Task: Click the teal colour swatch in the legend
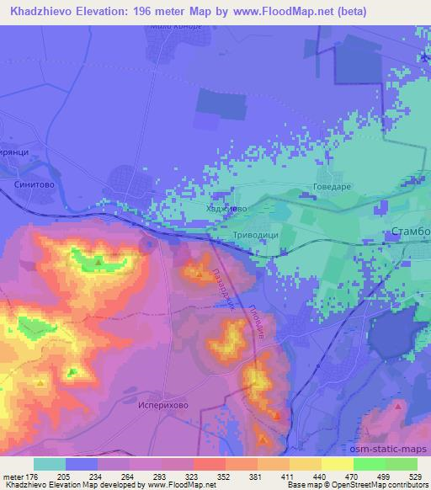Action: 51,464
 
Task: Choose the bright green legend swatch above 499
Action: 385,464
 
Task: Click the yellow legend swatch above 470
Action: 337,464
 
